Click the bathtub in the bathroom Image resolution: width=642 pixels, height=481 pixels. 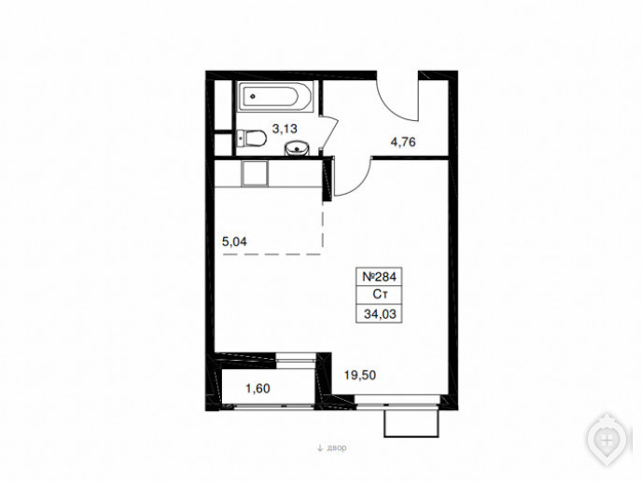[x=275, y=97]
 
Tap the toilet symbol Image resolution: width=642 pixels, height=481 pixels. [x=251, y=138]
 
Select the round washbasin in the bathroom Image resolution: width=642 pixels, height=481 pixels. [x=298, y=148]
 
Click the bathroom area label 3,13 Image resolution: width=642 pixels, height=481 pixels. [x=285, y=129]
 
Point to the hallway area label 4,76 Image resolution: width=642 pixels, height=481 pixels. [x=403, y=142]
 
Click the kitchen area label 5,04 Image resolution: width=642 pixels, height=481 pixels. [x=234, y=241]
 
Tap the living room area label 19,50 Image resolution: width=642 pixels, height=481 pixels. [x=360, y=375]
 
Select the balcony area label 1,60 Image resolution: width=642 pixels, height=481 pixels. [x=258, y=388]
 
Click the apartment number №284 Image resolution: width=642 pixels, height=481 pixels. [x=379, y=277]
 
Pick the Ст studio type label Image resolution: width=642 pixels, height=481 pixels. [x=380, y=295]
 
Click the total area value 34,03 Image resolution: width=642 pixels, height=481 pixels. [x=380, y=314]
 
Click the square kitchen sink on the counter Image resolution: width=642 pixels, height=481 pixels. [x=255, y=173]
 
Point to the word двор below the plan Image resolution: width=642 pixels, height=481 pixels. [x=337, y=447]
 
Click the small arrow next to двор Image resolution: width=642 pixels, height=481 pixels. [x=320, y=447]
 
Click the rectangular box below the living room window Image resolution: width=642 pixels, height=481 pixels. [x=412, y=423]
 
